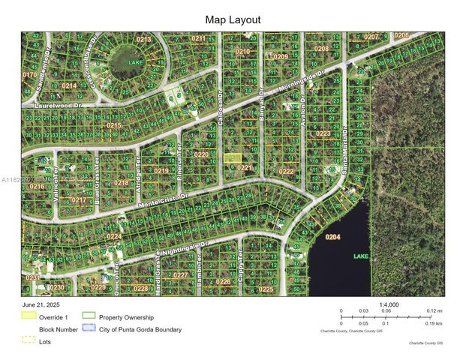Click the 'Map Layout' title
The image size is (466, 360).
pyautogui.click(x=233, y=19)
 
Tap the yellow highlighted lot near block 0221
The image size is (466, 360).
pyautogui.click(x=233, y=157)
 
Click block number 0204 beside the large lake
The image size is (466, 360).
pyautogui.click(x=332, y=237)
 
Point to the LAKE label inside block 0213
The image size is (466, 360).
pyautogui.click(x=135, y=62)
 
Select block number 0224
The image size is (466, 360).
pyautogui.click(x=113, y=236)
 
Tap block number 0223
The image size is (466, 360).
pyautogui.click(x=323, y=133)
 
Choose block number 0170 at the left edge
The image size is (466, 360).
pyautogui.click(x=29, y=75)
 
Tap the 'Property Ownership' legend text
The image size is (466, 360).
pyautogui.click(x=126, y=317)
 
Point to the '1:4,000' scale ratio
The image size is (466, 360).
pyautogui.click(x=389, y=304)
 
